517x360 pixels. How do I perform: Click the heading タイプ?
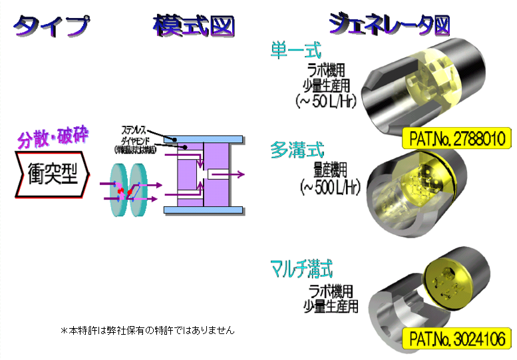(51, 25)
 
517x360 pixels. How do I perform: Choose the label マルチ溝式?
(301, 270)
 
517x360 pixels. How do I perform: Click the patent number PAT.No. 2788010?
(457, 139)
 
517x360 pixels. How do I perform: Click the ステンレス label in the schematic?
(136, 128)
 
